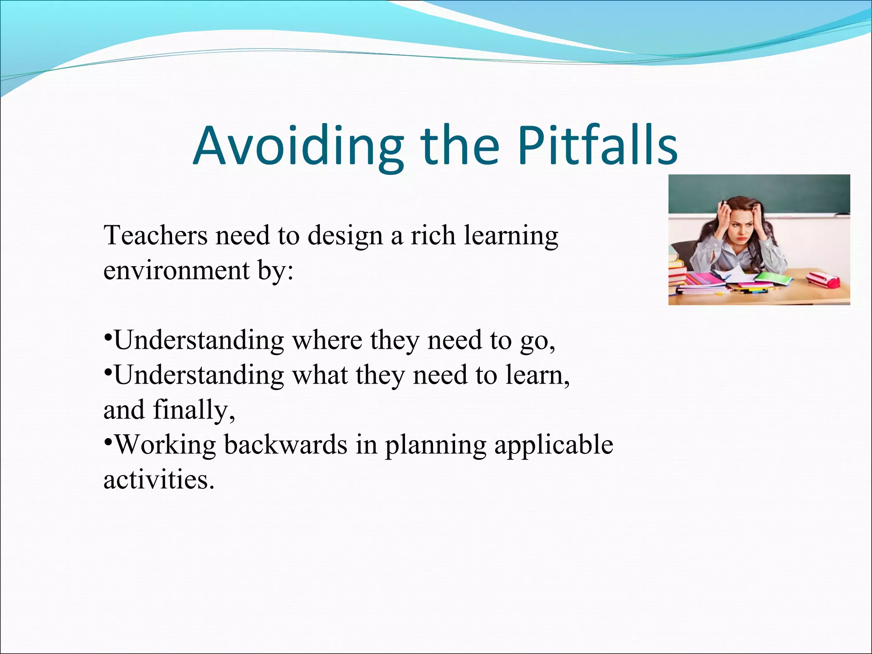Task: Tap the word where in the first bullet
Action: tap(327, 341)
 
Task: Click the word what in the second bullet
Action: tap(320, 376)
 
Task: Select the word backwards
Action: tap(285, 445)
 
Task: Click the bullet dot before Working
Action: tap(108, 442)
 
